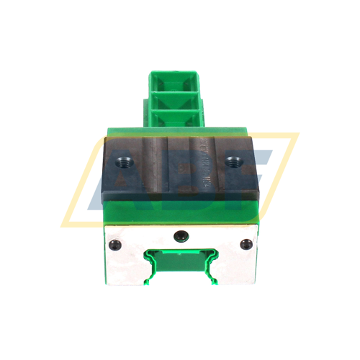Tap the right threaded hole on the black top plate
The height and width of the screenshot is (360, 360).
232,161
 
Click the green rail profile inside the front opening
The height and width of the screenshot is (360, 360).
179,264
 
